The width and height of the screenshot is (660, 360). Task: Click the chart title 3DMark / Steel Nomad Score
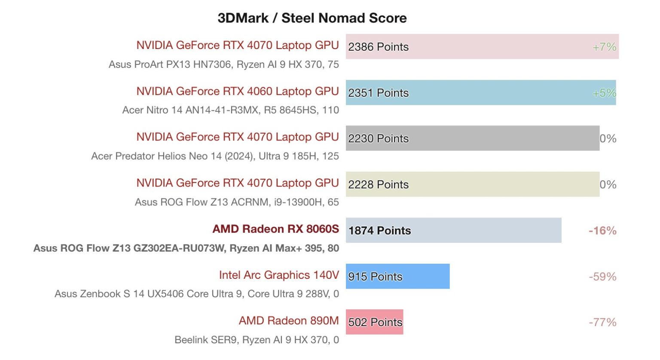312,18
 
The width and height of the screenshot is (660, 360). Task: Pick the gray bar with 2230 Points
472,138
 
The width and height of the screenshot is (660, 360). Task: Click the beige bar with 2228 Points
472,184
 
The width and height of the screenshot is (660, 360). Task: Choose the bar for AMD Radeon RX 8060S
453,230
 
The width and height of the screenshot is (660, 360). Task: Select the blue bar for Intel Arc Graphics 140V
397,276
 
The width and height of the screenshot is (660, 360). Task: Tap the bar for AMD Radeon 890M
374,322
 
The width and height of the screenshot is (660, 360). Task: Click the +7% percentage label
604,47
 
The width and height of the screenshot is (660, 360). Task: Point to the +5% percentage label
604,93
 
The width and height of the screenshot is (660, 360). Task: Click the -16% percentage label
602,231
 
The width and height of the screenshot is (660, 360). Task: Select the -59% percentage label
602,277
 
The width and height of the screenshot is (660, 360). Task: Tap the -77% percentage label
602,322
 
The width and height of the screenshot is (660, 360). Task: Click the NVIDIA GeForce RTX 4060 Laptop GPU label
238,91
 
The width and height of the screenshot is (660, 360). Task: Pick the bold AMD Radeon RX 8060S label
275,229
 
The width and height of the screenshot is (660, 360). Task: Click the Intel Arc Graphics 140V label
279,275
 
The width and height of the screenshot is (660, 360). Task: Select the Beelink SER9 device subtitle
257,340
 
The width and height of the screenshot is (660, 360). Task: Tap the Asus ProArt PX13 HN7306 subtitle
223,64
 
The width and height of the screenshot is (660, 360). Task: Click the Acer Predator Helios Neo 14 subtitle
215,156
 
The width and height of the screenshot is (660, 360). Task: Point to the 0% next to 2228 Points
608,185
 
